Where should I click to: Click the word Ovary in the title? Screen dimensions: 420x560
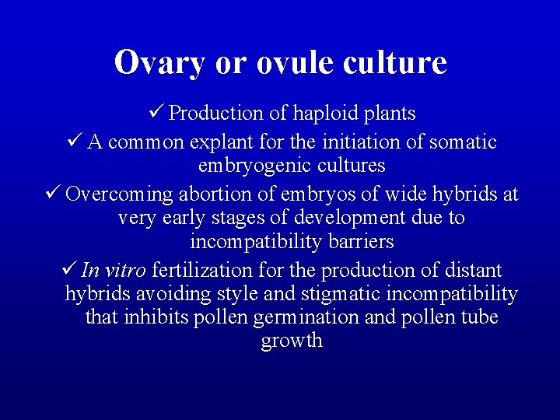[x=160, y=63]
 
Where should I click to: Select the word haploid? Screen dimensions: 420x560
[x=325, y=114]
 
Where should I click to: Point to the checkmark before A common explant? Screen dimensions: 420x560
[x=75, y=142]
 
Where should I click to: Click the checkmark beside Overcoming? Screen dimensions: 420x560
[x=53, y=192]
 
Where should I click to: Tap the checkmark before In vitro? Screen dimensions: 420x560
[x=68, y=270]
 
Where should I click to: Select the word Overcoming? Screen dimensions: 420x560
[x=119, y=194]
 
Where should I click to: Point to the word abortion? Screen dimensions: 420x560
[x=211, y=194]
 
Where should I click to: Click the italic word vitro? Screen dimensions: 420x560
[x=124, y=271]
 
